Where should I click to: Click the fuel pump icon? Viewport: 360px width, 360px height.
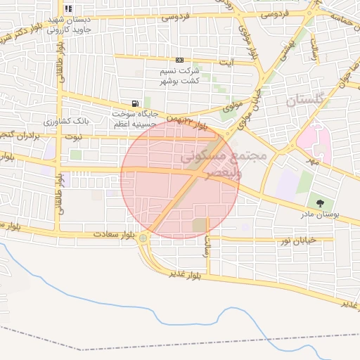[x=134, y=103]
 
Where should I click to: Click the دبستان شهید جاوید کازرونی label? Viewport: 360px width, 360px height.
[x=69, y=25]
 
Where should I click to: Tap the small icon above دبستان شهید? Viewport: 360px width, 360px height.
[x=68, y=9]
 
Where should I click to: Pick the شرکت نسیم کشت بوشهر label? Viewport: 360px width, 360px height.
[x=181, y=76]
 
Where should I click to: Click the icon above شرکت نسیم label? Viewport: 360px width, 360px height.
[x=180, y=60]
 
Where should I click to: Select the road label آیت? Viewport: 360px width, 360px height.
[x=227, y=63]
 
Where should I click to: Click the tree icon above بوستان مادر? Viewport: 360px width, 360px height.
[x=321, y=203]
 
